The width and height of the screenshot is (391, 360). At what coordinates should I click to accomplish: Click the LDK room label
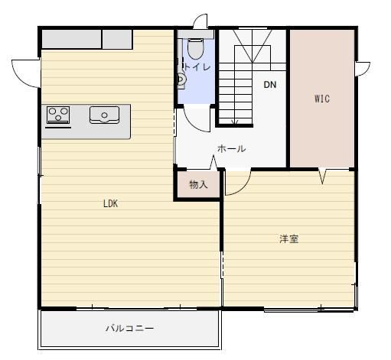pyautogui.click(x=111, y=203)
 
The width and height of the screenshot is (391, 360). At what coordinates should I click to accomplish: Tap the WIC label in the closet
pyautogui.click(x=322, y=99)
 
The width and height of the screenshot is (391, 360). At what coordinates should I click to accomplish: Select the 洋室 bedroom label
pyautogui.click(x=289, y=239)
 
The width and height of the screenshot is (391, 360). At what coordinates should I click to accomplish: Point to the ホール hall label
pyautogui.click(x=232, y=148)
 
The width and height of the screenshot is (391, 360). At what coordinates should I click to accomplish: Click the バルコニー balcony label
pyautogui.click(x=130, y=328)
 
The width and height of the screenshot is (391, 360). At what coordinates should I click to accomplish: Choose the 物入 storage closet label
pyautogui.click(x=198, y=184)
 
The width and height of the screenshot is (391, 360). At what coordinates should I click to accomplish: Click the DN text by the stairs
pyautogui.click(x=270, y=85)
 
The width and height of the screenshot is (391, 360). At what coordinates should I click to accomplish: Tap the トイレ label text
pyautogui.click(x=197, y=67)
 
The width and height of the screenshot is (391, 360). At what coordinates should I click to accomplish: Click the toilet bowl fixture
pyautogui.click(x=196, y=48)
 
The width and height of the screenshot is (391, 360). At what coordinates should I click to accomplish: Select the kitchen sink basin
pyautogui.click(x=104, y=115)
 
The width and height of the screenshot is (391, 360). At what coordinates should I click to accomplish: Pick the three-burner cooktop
pyautogui.click(x=58, y=115)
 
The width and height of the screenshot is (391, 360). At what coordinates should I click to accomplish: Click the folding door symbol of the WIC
pyautogui.click(x=322, y=176)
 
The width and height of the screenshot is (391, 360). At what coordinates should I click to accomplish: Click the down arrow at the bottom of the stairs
pyautogui.click(x=235, y=122)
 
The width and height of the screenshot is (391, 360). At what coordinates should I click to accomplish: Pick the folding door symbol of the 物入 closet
pyautogui.click(x=213, y=163)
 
